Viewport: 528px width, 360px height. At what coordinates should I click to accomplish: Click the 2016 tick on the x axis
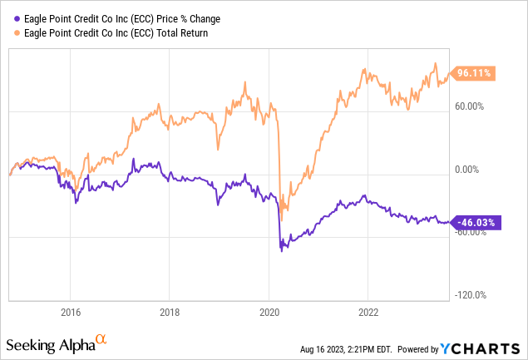coord(70,313)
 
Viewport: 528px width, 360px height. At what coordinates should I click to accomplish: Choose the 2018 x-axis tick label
coord(170,313)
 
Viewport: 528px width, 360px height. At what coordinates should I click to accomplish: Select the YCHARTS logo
coord(491,345)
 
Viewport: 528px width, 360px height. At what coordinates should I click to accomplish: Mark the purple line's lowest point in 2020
coord(281,249)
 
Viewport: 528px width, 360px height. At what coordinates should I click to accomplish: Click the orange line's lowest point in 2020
coord(281,218)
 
